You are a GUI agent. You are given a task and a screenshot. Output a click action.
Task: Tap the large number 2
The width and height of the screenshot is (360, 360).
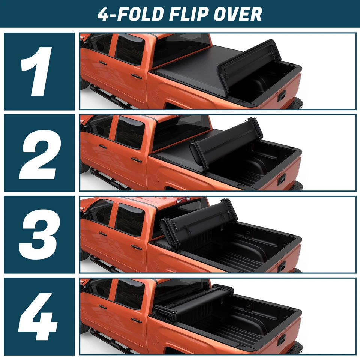tap(39, 153)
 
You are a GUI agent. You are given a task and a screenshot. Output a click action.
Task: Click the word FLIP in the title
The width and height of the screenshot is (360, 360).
tap(191, 14)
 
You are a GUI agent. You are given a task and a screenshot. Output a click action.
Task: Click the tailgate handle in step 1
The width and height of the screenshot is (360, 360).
tap(282, 95)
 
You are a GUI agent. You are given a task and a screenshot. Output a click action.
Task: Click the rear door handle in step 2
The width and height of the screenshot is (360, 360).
tap(136, 159)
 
